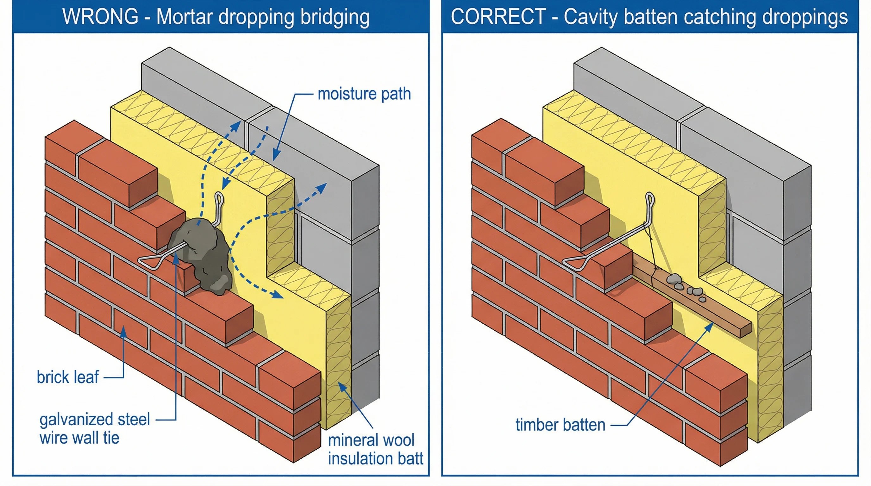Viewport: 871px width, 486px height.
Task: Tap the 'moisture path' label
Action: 364,94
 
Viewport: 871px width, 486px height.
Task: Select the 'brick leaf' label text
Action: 68,377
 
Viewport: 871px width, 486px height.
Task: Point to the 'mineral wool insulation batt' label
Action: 375,450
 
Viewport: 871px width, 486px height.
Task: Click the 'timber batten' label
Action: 560,425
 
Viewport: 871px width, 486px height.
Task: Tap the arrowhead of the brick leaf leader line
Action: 124,331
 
